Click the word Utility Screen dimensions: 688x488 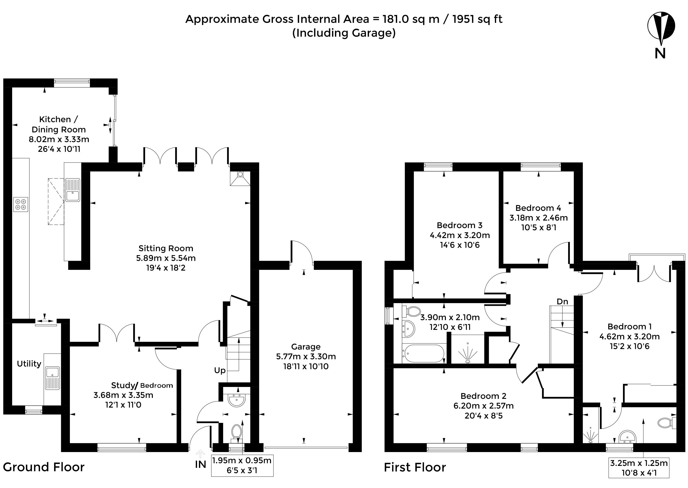pyautogui.click(x=29, y=364)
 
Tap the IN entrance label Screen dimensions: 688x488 pyautogui.click(x=200, y=465)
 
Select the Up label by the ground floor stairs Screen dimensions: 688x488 pyautogui.click(x=220, y=370)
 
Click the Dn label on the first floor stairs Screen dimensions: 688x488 pyautogui.click(x=562, y=301)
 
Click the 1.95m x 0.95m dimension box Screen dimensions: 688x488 pyautogui.click(x=242, y=465)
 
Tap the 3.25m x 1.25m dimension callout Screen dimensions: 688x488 pyautogui.click(x=639, y=468)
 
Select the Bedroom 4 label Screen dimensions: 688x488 pyautogui.click(x=538, y=208)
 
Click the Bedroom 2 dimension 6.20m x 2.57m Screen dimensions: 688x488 pyautogui.click(x=483, y=406)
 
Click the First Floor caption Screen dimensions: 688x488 pyautogui.click(x=415, y=467)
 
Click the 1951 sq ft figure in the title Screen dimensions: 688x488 pyautogui.click(x=477, y=19)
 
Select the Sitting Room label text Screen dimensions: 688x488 pyautogui.click(x=166, y=248)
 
